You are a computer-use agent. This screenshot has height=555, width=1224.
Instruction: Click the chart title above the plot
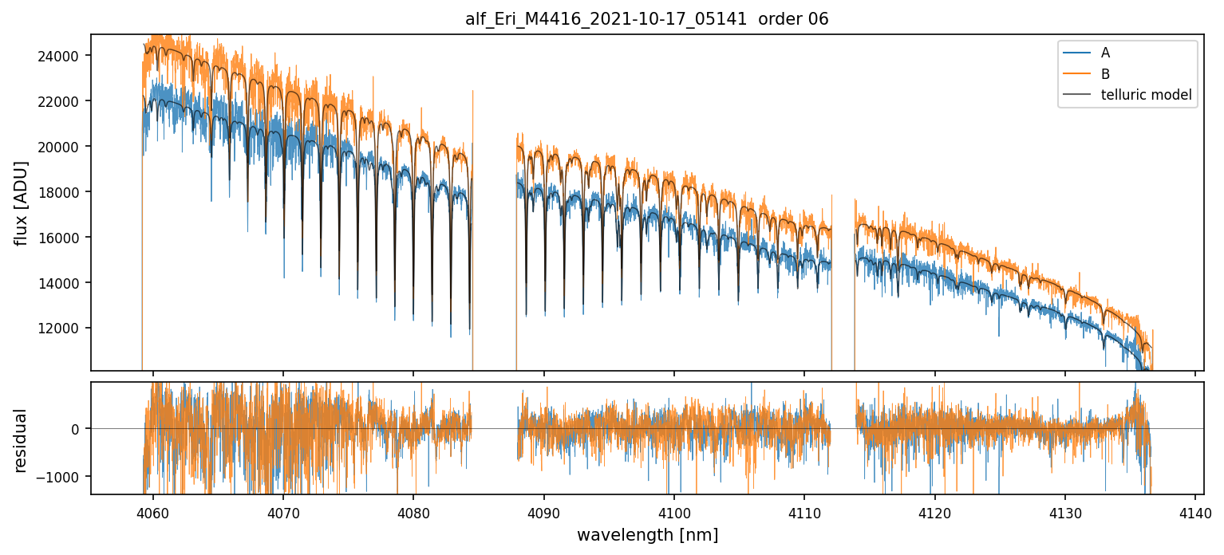(647, 19)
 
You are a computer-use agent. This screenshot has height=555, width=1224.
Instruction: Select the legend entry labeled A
(1105, 53)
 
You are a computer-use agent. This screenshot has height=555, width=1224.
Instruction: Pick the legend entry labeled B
(1105, 74)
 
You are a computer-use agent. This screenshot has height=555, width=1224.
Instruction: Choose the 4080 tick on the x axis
(413, 510)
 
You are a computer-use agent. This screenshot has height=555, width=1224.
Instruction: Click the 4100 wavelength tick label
(673, 510)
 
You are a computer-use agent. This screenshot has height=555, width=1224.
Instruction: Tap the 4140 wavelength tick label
(1194, 510)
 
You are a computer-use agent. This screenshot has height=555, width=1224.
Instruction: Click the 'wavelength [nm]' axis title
(647, 534)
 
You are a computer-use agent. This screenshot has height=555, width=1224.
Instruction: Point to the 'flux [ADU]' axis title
(21, 203)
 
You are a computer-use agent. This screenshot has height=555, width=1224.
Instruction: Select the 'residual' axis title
(21, 440)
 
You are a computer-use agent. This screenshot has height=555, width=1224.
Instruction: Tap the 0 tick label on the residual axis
(76, 429)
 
